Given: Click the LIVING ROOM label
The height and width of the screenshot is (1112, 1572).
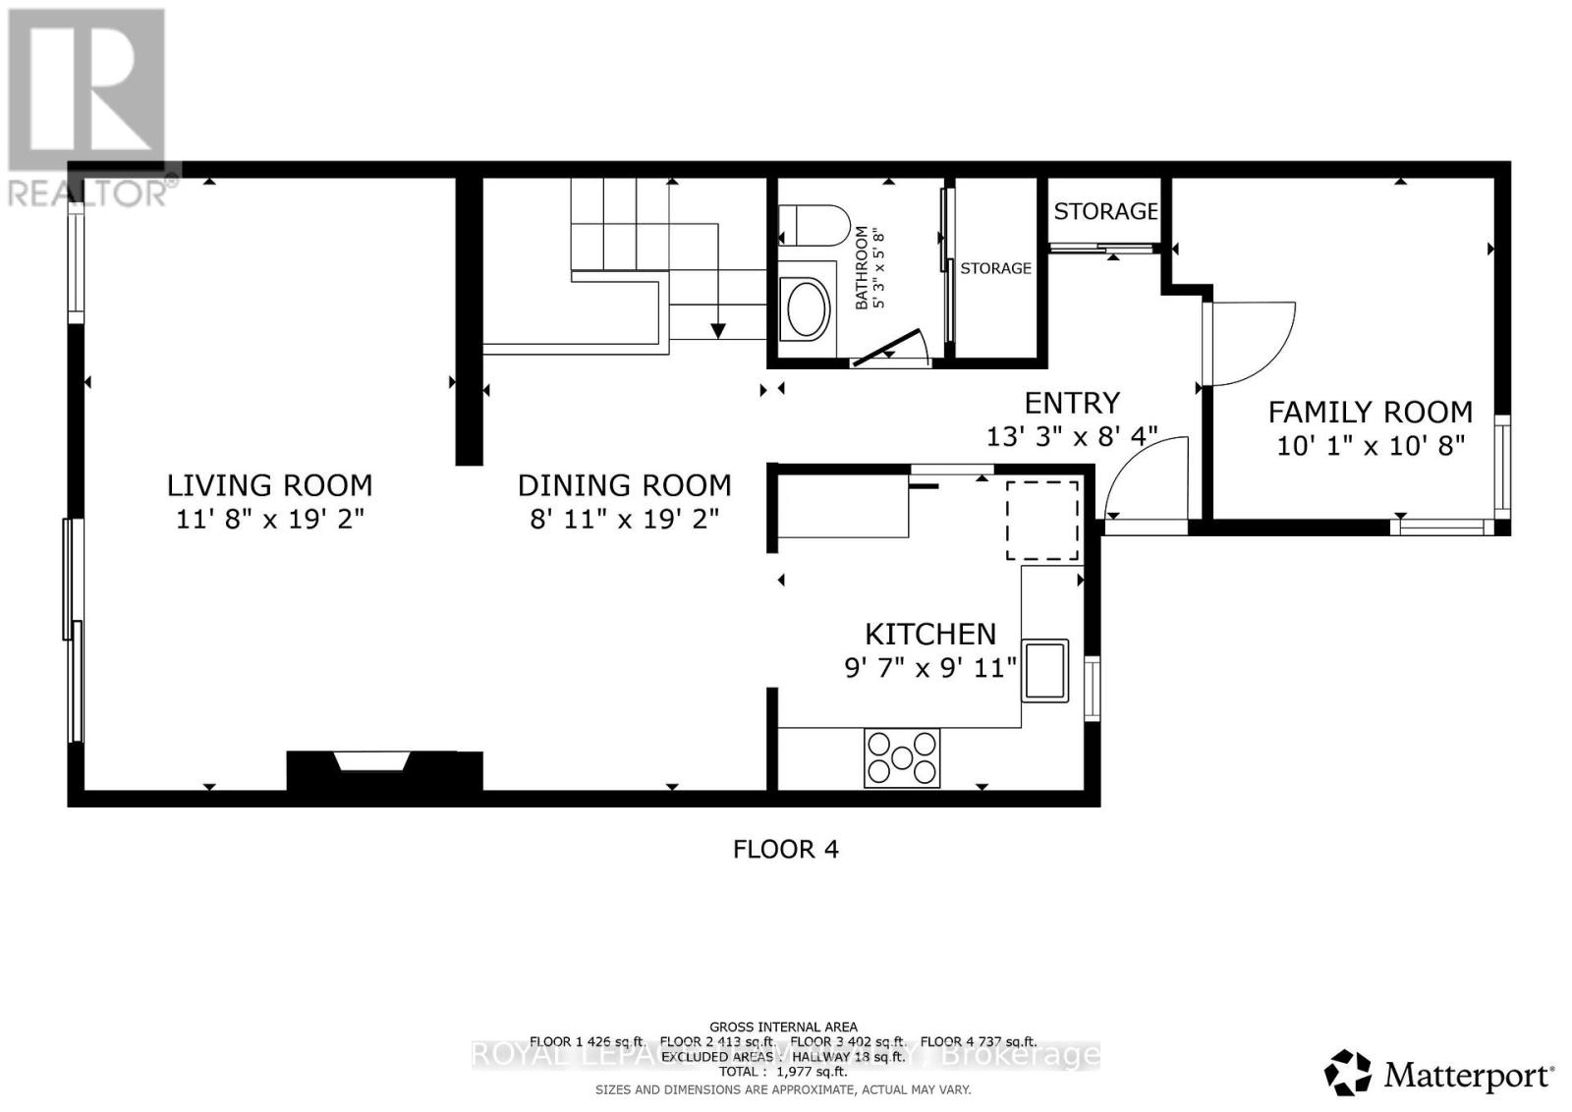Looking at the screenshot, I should click(269, 485).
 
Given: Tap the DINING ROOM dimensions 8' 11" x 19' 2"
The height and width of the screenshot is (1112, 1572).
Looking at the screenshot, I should click(625, 519).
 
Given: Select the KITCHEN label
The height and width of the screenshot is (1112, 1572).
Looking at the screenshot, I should click(929, 634).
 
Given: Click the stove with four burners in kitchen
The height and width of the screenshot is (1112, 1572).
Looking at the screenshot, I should click(902, 757).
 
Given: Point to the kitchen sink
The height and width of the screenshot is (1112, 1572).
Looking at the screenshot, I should click(1045, 669).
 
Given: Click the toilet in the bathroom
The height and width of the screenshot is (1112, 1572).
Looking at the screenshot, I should click(814, 226).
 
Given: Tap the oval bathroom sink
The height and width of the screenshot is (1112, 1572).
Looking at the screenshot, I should click(805, 308).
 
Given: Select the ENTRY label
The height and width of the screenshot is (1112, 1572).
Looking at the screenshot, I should click(1072, 403).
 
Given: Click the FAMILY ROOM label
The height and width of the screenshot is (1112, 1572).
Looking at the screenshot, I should click(1370, 412).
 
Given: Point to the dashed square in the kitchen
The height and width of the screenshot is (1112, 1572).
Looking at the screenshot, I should click(1042, 520).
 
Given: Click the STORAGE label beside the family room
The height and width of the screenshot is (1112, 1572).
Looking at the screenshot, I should click(1105, 211).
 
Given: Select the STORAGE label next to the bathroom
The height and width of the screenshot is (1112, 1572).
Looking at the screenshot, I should click(995, 268).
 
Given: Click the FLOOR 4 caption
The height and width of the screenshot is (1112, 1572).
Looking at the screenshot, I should click(785, 849).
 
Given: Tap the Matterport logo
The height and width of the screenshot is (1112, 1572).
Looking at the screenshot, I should click(1439, 1074).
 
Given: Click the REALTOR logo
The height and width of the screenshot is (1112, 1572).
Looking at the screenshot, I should click(88, 108).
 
